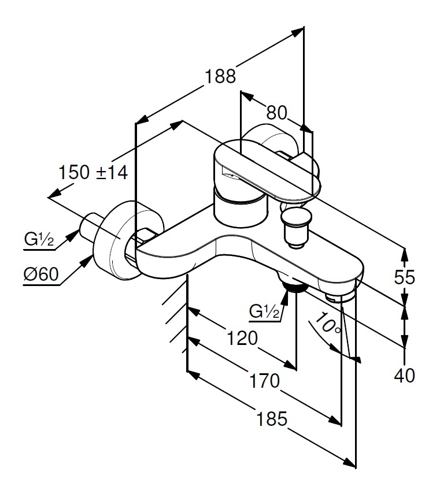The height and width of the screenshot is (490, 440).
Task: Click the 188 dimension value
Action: coord(220,76)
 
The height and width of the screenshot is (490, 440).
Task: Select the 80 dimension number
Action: coord(276,113)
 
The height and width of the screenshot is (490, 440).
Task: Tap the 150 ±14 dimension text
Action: coord(93,172)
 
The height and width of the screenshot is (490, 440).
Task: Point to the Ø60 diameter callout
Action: coord(41,274)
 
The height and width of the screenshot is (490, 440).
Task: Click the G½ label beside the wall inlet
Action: coord(39,240)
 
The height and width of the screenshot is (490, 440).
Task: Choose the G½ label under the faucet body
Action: coord(264,311)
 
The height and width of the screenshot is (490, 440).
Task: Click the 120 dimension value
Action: coord(242,338)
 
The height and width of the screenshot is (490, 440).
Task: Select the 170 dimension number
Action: coord(264,381)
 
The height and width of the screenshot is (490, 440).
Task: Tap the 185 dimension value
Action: coord(271,419)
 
